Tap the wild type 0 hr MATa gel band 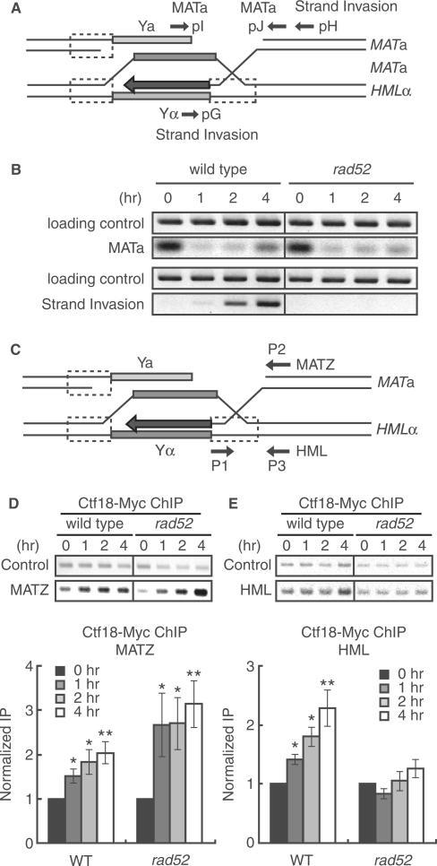pyautogui.click(x=166, y=247)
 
